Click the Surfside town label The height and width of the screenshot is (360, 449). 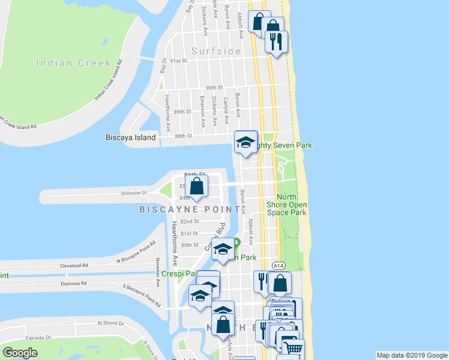[216, 51]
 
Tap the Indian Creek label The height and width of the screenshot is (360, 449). [73, 63]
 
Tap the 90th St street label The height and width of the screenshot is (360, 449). [214, 88]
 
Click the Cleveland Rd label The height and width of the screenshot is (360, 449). [74, 265]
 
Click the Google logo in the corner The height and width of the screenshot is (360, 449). [20, 353]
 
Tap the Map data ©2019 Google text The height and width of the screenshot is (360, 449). [412, 355]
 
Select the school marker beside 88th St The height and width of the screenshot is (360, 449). [245, 143]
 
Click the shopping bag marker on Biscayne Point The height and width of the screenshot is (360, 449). [196, 186]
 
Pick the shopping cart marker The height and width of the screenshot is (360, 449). [293, 349]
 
